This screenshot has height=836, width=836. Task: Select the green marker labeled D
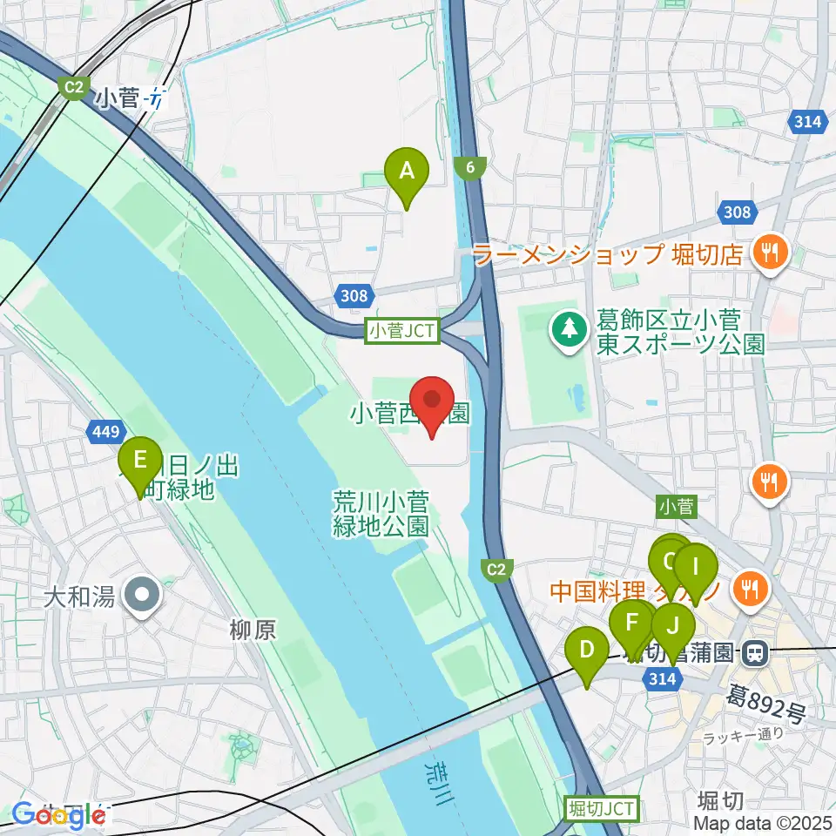pyautogui.click(x=587, y=651)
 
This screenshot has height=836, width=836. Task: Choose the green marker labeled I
pyautogui.click(x=695, y=569)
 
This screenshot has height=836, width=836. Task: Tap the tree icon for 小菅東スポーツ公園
pyautogui.click(x=569, y=329)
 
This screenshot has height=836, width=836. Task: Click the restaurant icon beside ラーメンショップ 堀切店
pyautogui.click(x=770, y=253)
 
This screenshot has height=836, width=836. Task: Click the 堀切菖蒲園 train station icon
pyautogui.click(x=754, y=651)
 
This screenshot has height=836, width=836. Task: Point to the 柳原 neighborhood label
pyautogui.click(x=253, y=630)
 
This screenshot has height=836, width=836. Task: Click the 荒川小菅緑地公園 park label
pyautogui.click(x=381, y=513)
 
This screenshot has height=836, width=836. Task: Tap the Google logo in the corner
pyautogui.click(x=54, y=814)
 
